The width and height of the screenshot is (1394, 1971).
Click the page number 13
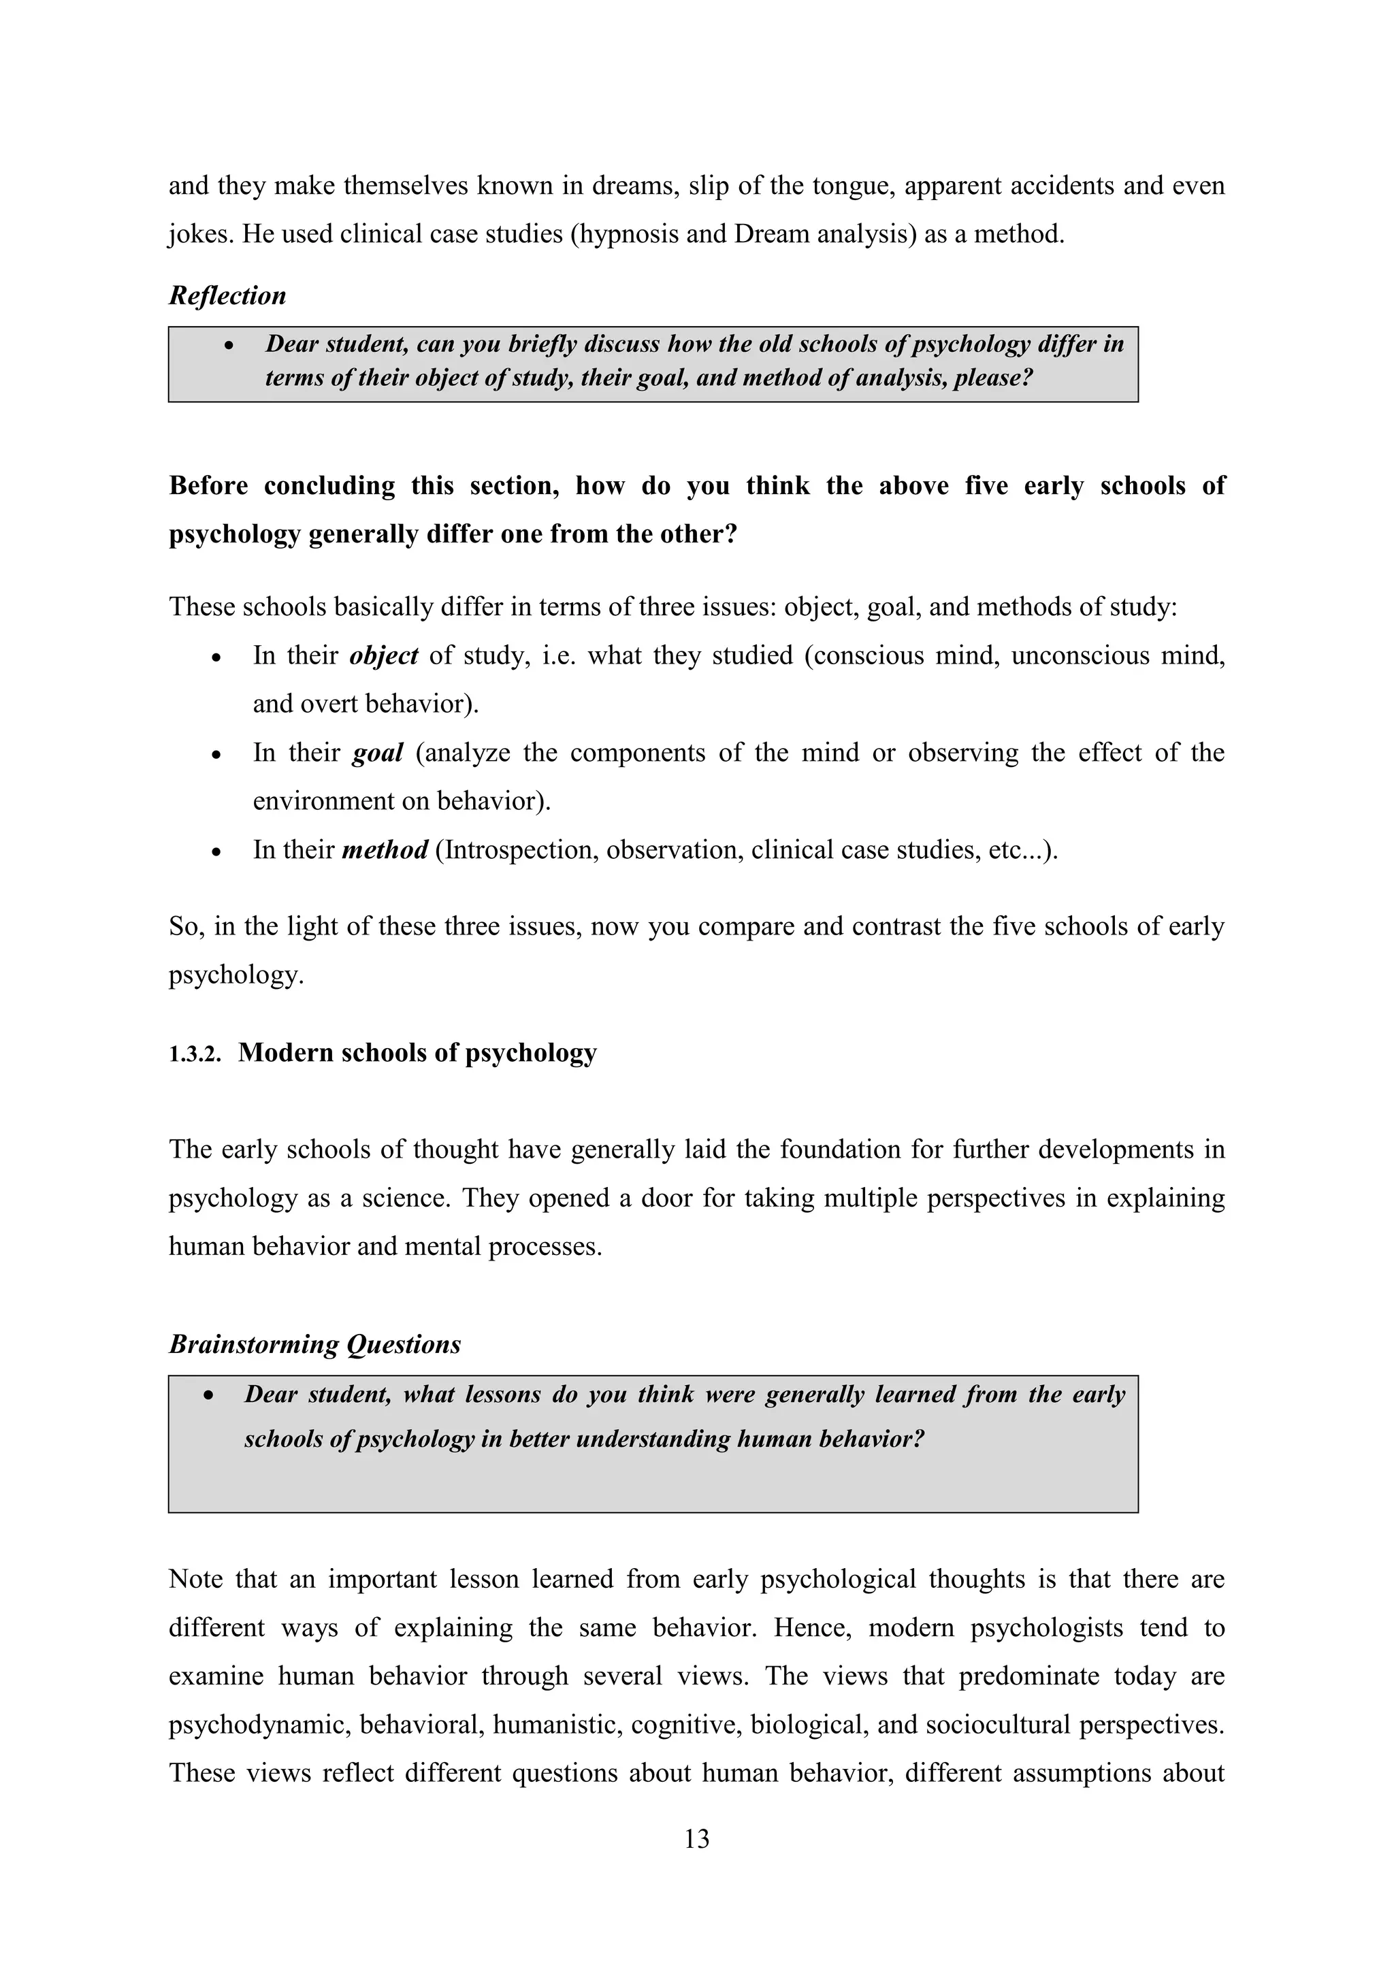tap(697, 1839)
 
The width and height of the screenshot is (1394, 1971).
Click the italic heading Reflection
tap(227, 295)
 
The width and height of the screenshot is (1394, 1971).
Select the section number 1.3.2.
tap(194, 1055)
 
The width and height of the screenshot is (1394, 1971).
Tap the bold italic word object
tap(384, 656)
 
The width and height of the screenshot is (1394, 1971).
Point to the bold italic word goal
tap(378, 753)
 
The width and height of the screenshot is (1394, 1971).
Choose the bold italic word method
tap(385, 850)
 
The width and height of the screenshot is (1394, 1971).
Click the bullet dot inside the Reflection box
tap(228, 345)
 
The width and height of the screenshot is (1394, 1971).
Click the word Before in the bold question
tap(208, 486)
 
